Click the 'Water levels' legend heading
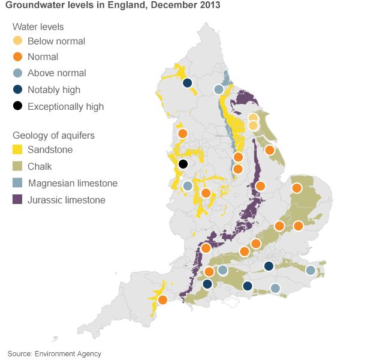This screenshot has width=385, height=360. (x=38, y=27)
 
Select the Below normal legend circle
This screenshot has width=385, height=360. (x=18, y=41)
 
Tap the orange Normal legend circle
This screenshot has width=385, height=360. (x=18, y=57)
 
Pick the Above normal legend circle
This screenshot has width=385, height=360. (x=18, y=73)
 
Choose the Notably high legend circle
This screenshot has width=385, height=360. (x=18, y=90)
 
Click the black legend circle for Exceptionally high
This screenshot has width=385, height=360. (x=18, y=106)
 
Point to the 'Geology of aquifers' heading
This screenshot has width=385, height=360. (x=53, y=135)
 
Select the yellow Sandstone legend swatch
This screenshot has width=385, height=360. (x=18, y=150)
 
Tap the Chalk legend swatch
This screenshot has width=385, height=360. (x=18, y=167)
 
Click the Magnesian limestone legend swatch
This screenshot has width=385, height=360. (x=18, y=183)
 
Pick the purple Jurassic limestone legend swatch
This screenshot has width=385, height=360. (x=18, y=200)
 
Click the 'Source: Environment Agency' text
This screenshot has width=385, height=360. (x=55, y=353)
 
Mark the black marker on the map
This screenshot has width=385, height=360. (x=184, y=164)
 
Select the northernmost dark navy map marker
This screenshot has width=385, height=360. (x=187, y=83)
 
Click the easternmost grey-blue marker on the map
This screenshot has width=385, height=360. (x=311, y=271)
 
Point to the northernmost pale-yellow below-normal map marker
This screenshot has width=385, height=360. (x=253, y=118)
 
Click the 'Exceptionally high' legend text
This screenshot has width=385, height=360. (x=66, y=107)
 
